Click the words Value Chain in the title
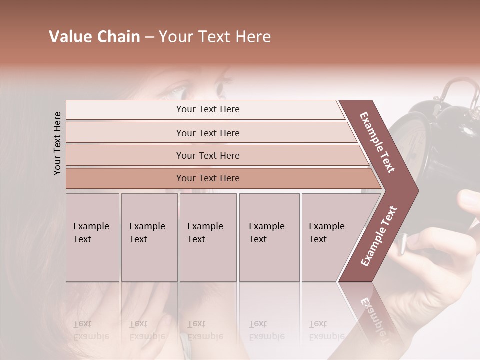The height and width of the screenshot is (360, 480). click(94, 37)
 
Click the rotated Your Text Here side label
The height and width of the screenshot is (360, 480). click(57, 143)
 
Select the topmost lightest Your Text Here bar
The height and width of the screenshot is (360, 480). click(208, 109)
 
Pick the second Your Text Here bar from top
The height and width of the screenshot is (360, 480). click(208, 133)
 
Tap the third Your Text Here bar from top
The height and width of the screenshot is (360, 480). click(208, 155)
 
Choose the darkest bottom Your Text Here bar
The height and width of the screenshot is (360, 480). click(208, 178)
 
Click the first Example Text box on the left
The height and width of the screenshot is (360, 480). click(92, 237)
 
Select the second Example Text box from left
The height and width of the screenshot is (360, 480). click(149, 237)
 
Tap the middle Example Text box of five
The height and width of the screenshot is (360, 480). click(208, 237)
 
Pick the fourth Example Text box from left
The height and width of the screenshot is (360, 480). click(269, 237)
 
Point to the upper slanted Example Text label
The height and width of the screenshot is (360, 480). click(377, 142)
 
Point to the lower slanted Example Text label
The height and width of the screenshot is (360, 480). click(379, 236)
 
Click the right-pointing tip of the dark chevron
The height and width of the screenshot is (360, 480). click(415, 191)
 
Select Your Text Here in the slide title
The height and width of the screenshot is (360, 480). click(215, 37)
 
